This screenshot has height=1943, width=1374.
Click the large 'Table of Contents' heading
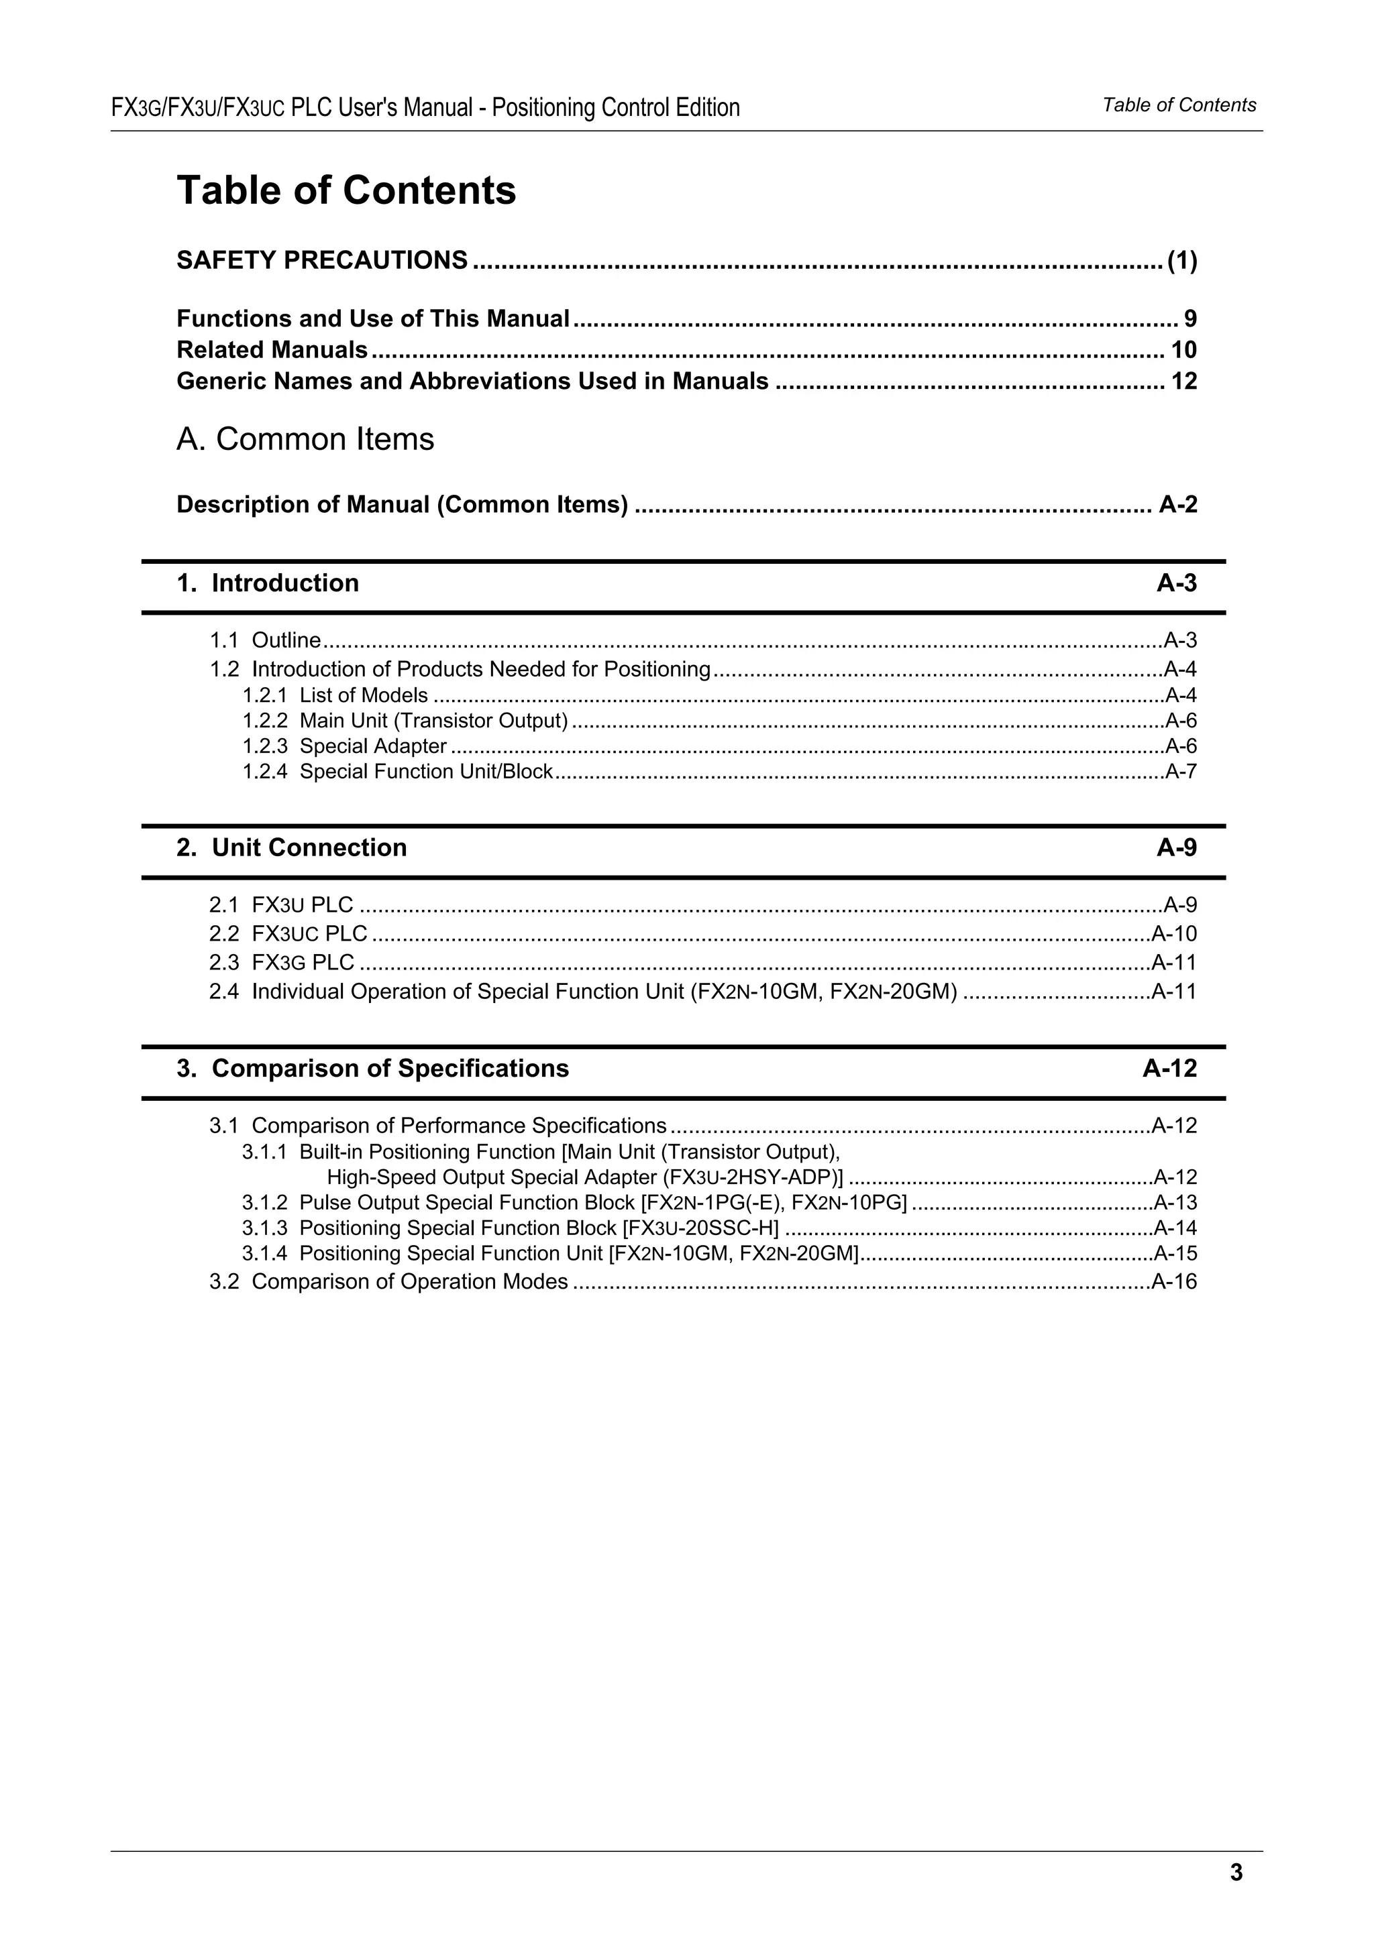pyautogui.click(x=346, y=190)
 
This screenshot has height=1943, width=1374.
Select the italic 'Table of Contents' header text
pyautogui.click(x=1179, y=105)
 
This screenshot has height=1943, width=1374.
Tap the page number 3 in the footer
pyautogui.click(x=1236, y=1873)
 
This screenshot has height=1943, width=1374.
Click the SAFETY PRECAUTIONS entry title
pyautogui.click(x=322, y=259)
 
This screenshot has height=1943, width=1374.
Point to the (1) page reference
pyautogui.click(x=1182, y=261)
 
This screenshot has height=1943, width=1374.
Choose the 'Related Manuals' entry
pyautogui.click(x=272, y=349)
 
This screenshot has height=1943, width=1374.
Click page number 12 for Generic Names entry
pyautogui.click(x=1183, y=381)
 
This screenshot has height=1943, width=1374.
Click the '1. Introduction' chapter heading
pyautogui.click(x=268, y=583)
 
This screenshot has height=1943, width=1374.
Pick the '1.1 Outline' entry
pyautogui.click(x=265, y=640)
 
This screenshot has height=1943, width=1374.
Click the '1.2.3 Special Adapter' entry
pyautogui.click(x=345, y=746)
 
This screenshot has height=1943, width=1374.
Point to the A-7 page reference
pyautogui.click(x=1181, y=771)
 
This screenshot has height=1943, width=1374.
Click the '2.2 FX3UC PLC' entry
pyautogui.click(x=288, y=933)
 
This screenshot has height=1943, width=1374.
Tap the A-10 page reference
pyautogui.click(x=1175, y=933)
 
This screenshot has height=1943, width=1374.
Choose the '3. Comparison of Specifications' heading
pyautogui.click(x=372, y=1068)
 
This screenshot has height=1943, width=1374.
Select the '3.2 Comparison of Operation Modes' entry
pyautogui.click(x=388, y=1281)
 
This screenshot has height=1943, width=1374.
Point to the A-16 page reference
pyautogui.click(x=1175, y=1281)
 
